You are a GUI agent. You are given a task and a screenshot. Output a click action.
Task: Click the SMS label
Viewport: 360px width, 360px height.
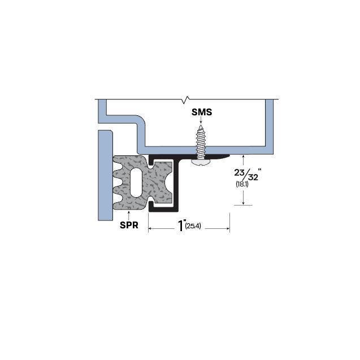pos(201,112)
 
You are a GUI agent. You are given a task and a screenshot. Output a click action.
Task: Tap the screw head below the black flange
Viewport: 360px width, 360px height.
pos(201,162)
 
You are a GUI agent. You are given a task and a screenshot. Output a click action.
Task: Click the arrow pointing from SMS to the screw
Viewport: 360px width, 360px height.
pos(201,121)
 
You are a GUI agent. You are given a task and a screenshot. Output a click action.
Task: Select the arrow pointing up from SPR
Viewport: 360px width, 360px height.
pos(129,214)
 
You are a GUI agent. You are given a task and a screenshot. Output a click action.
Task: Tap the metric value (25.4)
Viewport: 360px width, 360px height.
pos(194,227)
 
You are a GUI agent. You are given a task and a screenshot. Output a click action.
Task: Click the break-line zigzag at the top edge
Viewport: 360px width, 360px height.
pos(185,101)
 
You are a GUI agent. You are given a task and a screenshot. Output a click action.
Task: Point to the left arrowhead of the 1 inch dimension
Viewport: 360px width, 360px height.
pos(150,228)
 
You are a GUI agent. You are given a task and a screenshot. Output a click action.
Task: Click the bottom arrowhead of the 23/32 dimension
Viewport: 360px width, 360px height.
pos(243,203)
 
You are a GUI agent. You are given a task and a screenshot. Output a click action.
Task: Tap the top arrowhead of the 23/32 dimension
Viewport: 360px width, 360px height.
pos(243,155)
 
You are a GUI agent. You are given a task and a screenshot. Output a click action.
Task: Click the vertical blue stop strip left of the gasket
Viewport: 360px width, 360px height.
pos(104,175)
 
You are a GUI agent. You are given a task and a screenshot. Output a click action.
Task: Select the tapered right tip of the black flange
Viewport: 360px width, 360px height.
pos(226,155)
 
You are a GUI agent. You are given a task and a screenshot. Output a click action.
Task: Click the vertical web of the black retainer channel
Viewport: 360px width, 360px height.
pos(176,184)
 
